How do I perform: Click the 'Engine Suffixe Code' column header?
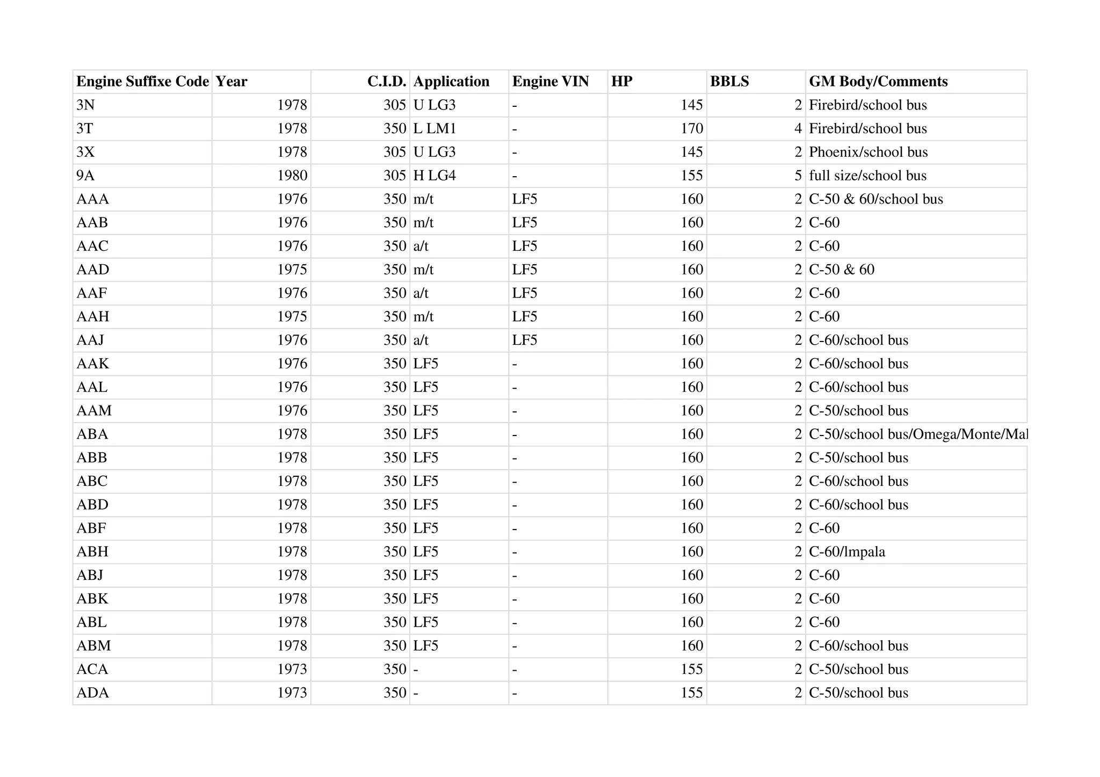coord(142,82)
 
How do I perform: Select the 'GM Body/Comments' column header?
coord(878,82)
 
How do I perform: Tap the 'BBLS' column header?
coord(729,82)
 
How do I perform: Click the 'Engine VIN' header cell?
coord(551,82)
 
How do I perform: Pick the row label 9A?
coord(85,176)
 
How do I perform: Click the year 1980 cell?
coord(292,176)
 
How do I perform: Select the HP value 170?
coord(692,129)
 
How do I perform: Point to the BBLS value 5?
coord(798,176)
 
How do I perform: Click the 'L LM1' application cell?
coord(435,129)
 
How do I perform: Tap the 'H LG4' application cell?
coord(435,176)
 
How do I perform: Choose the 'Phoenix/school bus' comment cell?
coord(868,152)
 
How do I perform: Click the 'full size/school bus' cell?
coord(867,176)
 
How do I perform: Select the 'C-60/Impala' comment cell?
coord(847,552)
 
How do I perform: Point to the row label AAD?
coord(93,270)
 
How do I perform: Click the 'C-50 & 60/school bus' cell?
coord(876,199)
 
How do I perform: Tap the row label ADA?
coord(93,693)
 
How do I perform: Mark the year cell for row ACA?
coord(292,670)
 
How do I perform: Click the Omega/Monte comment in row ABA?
coord(918,434)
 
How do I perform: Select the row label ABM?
coord(93,646)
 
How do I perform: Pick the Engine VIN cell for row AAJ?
coord(525,340)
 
